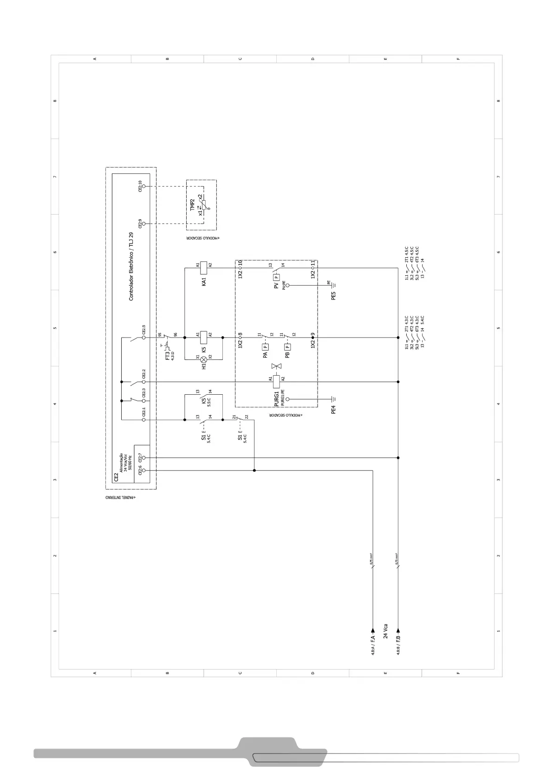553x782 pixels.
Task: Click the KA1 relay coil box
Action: tap(203, 268)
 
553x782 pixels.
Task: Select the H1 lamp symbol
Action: tap(203, 360)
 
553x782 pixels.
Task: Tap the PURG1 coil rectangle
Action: tap(276, 382)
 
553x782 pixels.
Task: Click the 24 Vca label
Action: tap(385, 631)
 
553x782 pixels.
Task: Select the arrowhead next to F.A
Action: tap(373, 631)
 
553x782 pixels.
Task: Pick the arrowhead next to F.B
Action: tap(398, 631)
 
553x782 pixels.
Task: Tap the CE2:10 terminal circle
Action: tap(143, 186)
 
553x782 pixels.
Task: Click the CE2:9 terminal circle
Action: tap(143, 224)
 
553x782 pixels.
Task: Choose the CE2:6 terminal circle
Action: tap(143, 470)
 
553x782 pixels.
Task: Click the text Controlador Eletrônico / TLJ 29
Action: tap(131, 267)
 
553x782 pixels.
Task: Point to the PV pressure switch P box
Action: tap(276, 277)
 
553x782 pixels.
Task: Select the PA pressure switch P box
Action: tap(265, 346)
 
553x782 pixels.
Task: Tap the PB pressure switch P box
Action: tap(287, 346)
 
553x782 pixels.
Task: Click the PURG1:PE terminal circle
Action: tap(287, 399)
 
